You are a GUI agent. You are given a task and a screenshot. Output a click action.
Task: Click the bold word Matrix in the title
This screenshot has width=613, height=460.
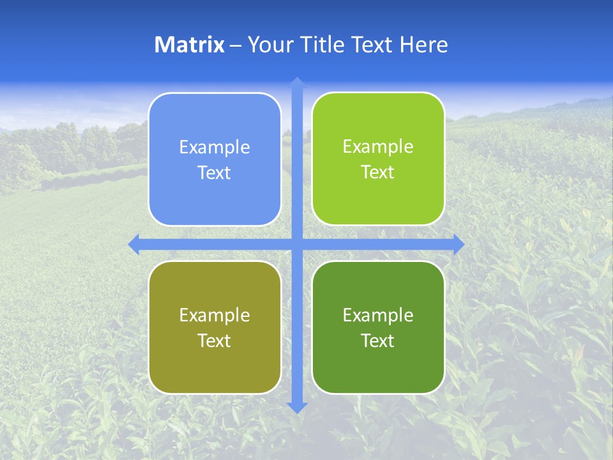click(x=190, y=45)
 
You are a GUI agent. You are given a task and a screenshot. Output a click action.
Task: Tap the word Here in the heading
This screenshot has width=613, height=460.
click(x=423, y=45)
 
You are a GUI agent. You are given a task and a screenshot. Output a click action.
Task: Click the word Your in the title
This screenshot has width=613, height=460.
click(x=267, y=45)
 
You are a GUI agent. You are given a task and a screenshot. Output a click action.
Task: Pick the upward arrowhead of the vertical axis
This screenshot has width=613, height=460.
click(x=297, y=82)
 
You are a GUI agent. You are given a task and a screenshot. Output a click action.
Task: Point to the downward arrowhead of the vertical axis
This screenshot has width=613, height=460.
click(x=297, y=407)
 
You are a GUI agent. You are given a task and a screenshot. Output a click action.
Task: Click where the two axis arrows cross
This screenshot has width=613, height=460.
click(x=297, y=244)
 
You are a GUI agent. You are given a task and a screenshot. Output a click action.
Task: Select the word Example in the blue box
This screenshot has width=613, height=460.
click(x=215, y=148)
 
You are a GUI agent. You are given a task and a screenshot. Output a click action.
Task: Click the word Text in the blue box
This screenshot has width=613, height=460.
click(x=215, y=173)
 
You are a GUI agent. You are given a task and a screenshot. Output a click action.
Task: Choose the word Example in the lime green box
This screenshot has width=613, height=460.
click(x=378, y=147)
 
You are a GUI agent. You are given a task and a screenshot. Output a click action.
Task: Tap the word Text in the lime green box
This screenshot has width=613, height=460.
click(x=378, y=172)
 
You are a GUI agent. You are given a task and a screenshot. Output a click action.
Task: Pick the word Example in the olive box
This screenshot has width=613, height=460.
click(x=215, y=316)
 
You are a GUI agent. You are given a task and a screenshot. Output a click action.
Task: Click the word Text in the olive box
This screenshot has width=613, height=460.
click(x=215, y=341)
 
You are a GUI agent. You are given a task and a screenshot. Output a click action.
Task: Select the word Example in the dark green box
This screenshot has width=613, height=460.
click(x=378, y=316)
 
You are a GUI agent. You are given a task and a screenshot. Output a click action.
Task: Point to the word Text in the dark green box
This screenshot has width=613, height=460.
click(x=378, y=341)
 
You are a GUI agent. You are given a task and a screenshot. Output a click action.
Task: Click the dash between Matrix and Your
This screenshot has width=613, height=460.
click(x=236, y=45)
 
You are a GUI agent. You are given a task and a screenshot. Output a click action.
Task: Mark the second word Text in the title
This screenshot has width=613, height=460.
click(x=371, y=45)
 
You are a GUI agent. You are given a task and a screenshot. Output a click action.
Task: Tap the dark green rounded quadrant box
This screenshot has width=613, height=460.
click(x=378, y=371)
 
